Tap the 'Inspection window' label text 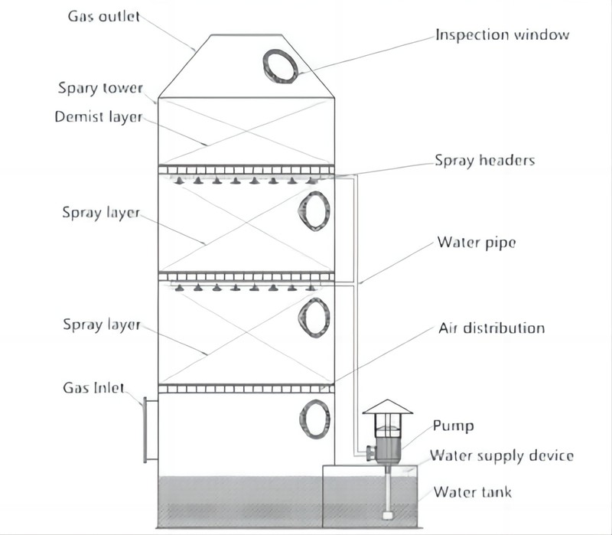(502, 35)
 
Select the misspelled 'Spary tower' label (100, 88)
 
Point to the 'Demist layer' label (98, 118)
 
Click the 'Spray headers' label (484, 161)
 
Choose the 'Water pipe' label (476, 243)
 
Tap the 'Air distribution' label (491, 328)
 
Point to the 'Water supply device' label (501, 456)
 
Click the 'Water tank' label (473, 491)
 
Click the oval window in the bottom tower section (314, 418)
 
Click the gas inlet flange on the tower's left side (150, 429)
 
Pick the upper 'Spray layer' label (100, 213)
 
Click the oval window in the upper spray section (314, 209)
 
